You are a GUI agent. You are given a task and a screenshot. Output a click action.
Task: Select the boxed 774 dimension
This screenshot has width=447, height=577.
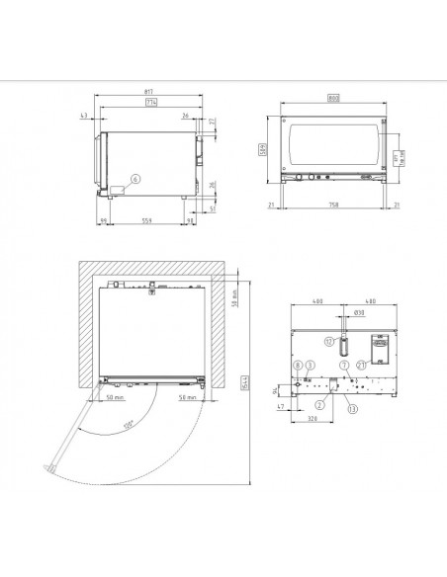(x=150, y=104)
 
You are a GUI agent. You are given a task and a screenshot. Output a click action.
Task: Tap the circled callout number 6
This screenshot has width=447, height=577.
(x=137, y=179)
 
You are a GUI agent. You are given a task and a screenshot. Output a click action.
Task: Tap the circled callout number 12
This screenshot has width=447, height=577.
(x=328, y=341)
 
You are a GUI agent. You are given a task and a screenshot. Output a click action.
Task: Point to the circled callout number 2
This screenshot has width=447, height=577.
(x=319, y=404)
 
